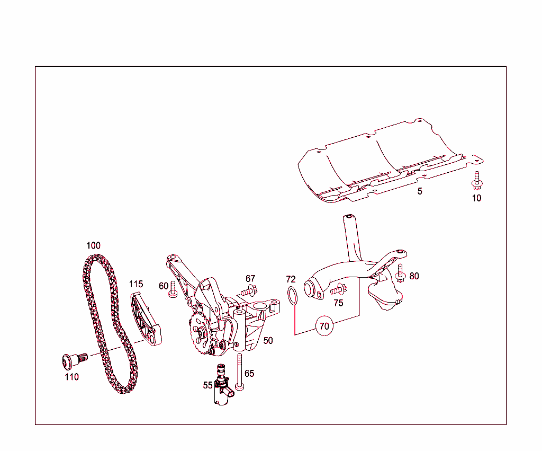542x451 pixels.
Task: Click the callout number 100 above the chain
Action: point(93,246)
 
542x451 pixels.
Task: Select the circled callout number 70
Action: point(324,326)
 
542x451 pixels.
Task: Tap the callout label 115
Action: point(136,284)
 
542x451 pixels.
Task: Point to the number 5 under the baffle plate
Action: point(420,191)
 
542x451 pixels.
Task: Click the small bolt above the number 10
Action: point(476,181)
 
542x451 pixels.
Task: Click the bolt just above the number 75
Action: point(338,290)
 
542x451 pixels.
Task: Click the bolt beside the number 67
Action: point(249,290)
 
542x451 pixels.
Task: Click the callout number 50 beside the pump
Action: point(268,340)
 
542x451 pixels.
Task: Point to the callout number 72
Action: point(291,279)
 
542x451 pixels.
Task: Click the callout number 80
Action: point(414,276)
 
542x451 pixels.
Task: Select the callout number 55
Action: point(207,385)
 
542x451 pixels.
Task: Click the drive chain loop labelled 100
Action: point(87,297)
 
